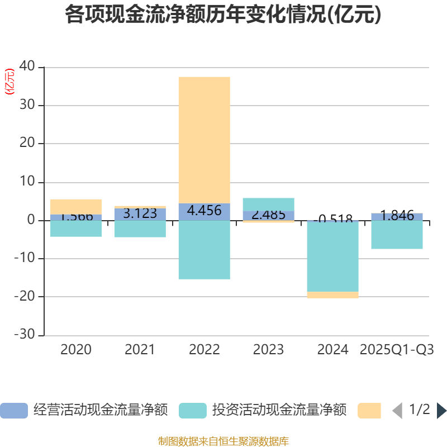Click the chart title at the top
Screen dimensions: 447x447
click(x=223, y=15)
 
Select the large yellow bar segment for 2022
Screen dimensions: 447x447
click(x=204, y=140)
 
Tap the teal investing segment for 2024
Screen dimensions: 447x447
click(x=332, y=256)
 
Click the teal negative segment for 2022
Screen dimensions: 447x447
click(x=204, y=250)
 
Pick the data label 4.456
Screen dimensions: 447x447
click(x=204, y=211)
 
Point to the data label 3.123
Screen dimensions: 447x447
click(x=140, y=213)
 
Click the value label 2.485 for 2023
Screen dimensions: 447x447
click(x=268, y=215)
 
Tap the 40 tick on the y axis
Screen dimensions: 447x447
click(x=27, y=67)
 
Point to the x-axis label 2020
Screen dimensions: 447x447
click(x=76, y=350)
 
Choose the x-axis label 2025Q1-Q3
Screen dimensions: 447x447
click(x=397, y=350)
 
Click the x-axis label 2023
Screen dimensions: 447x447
click(x=268, y=350)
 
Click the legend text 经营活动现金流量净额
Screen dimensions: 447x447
click(x=101, y=410)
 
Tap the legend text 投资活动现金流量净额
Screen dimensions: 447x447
click(x=279, y=410)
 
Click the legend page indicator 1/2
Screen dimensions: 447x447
click(x=420, y=410)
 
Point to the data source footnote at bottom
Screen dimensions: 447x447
click(x=223, y=441)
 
